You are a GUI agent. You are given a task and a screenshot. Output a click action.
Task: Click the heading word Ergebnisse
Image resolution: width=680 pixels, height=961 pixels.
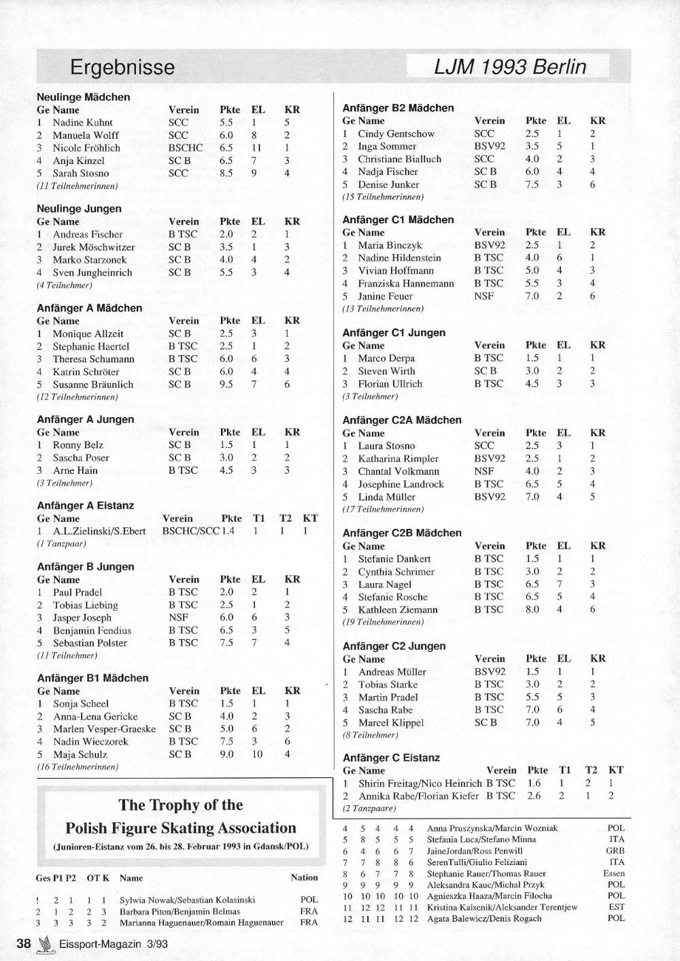(122, 67)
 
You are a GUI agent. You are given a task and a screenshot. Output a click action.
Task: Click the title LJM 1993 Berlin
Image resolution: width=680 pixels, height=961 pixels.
(509, 67)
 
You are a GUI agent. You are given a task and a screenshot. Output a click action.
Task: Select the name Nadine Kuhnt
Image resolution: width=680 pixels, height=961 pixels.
(82, 123)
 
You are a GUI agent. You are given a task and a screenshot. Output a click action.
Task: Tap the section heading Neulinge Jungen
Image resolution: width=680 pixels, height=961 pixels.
(79, 209)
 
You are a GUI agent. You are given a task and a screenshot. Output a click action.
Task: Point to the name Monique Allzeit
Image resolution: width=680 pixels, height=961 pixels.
(88, 333)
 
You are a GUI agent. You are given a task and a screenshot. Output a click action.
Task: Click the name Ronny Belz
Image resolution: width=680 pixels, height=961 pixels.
(78, 445)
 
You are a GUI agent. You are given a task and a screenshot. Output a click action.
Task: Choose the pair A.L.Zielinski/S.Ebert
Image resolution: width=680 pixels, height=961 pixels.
(99, 531)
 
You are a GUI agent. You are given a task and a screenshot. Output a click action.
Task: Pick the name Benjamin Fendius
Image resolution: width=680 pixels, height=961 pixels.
(92, 630)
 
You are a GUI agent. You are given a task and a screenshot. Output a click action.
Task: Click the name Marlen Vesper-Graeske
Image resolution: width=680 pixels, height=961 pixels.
(104, 729)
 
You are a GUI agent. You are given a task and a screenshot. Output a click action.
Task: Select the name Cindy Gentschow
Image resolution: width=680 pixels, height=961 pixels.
(396, 133)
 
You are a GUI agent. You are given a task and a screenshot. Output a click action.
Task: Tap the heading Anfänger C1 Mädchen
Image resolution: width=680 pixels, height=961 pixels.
(398, 220)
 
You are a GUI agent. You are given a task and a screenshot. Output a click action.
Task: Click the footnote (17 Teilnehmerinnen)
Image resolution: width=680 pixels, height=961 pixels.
(383, 509)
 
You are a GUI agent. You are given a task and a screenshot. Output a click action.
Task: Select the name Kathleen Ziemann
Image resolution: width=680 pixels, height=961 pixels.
(398, 610)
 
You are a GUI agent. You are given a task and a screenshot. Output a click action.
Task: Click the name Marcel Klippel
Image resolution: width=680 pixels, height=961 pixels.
(390, 723)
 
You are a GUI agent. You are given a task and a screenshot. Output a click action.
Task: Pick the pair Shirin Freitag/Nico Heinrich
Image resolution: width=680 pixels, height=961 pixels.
(420, 783)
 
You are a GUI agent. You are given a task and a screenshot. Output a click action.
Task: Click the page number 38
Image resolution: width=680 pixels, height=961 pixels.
(24, 943)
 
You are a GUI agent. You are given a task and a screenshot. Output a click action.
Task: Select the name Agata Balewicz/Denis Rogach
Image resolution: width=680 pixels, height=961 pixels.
(484, 918)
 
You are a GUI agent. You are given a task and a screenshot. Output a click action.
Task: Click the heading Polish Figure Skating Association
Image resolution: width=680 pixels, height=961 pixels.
(181, 828)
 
